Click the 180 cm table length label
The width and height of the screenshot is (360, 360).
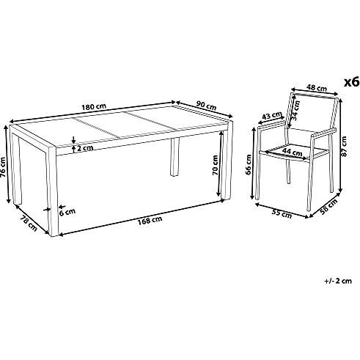tap(94, 106)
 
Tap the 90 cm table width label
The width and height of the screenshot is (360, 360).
tap(207, 106)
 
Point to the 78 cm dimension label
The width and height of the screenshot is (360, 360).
tap(29, 223)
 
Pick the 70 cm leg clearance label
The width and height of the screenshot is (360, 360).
tap(215, 166)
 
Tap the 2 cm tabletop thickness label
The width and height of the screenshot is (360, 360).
tap(85, 148)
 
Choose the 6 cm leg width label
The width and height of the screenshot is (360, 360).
tap(67, 212)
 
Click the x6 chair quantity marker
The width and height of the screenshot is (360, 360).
tap(352, 82)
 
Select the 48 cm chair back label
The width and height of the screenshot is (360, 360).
tap(317, 87)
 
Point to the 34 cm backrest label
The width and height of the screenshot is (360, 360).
tap(295, 111)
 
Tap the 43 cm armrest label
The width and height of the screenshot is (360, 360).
tap(271, 115)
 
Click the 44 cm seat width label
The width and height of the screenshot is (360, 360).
tap(293, 152)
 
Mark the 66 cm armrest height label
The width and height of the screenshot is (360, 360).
tap(249, 164)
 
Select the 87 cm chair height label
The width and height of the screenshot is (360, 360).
tap(344, 146)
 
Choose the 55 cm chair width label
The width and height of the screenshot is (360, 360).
tap(282, 214)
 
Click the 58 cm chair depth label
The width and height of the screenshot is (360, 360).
tap(329, 207)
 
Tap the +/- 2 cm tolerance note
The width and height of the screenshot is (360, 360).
tap(338, 281)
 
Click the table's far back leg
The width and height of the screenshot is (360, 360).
tap(175, 157)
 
